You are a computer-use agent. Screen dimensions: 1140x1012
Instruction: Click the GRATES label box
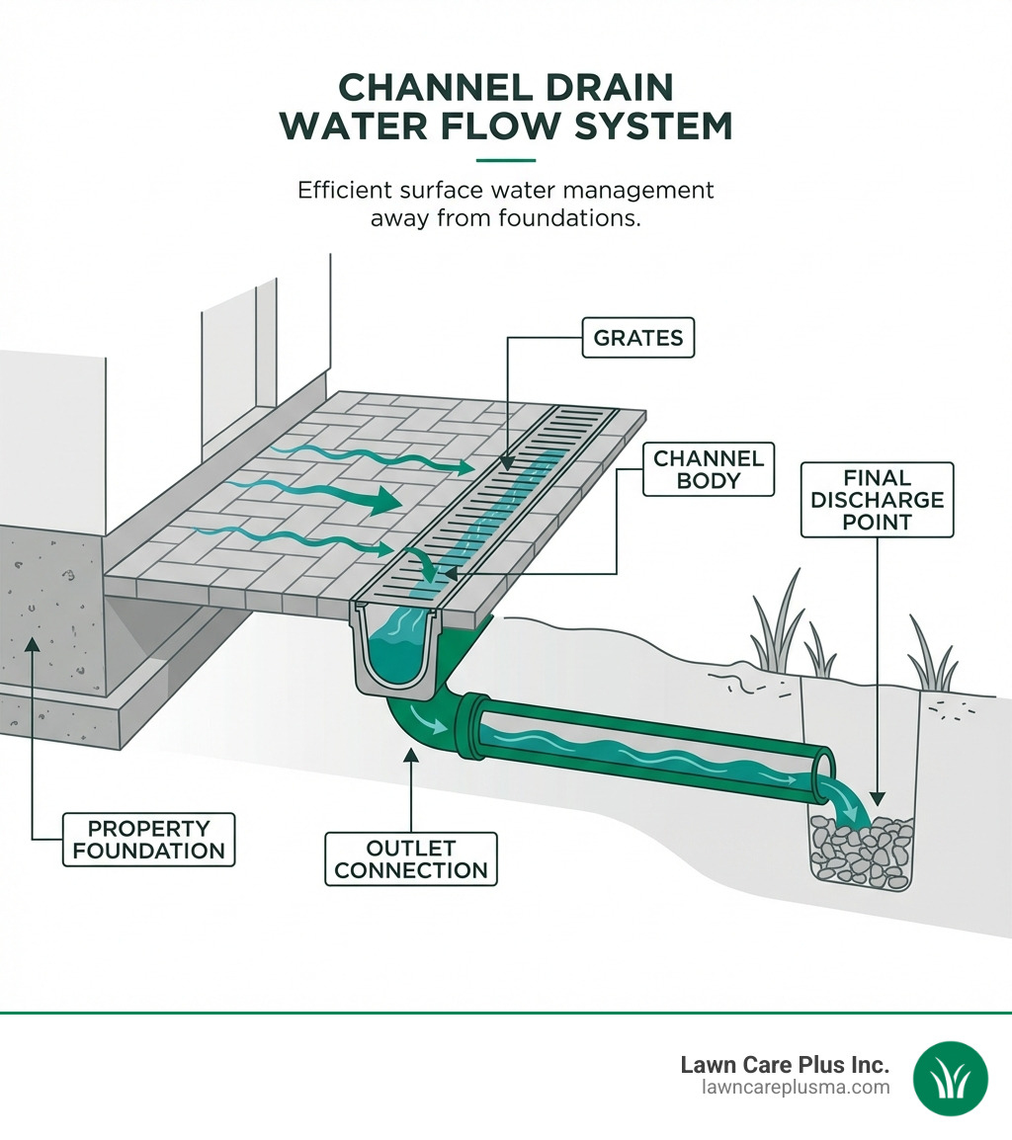637,338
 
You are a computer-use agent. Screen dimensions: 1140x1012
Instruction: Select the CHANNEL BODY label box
709,470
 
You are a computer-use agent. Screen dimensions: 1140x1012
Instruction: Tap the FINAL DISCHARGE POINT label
877,499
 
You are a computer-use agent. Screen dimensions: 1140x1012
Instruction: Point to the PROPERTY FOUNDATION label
148,839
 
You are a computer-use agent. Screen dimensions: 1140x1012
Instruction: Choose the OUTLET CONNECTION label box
410,858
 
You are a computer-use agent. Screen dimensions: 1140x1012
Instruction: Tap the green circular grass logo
950,1078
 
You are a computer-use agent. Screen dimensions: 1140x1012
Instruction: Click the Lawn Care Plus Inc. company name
785,1065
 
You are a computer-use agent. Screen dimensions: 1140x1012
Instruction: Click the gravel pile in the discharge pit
859,847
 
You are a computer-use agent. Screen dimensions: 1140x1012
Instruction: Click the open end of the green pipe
823,773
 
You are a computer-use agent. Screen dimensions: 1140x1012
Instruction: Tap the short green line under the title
505,160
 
